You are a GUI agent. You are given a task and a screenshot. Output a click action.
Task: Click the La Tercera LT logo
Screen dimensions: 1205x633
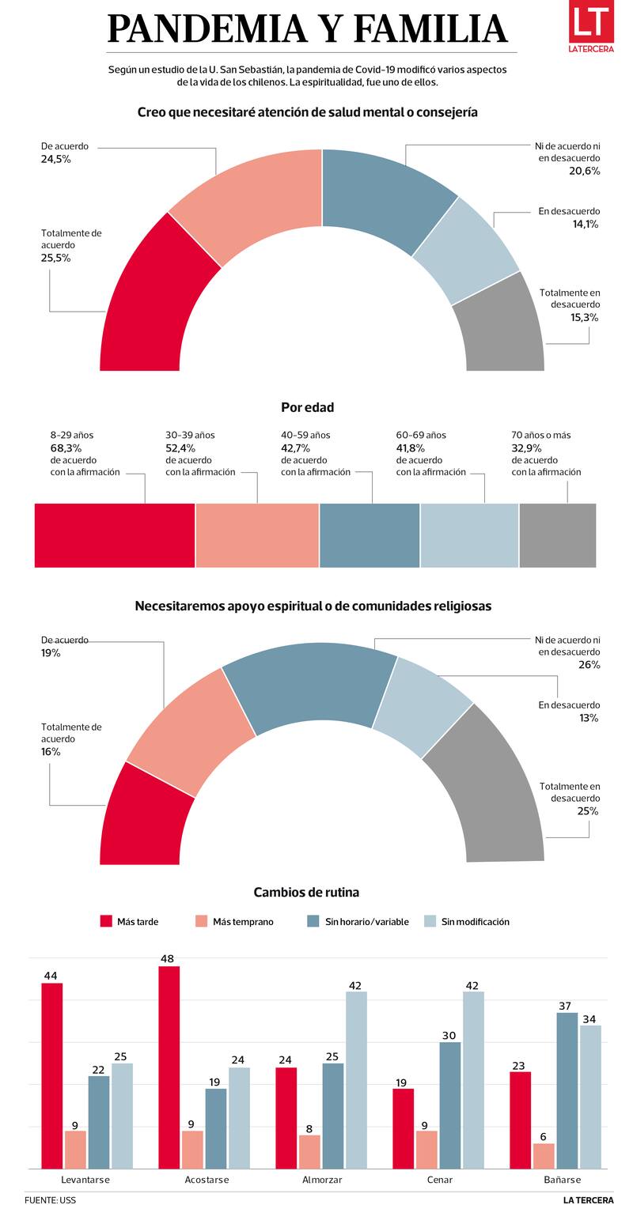pyautogui.click(x=591, y=27)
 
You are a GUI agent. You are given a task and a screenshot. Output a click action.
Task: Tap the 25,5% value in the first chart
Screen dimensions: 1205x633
pyautogui.click(x=55, y=258)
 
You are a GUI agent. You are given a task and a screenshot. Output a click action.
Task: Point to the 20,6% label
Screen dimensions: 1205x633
pyautogui.click(x=584, y=171)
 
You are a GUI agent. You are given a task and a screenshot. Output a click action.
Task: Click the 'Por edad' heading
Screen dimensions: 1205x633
pyautogui.click(x=307, y=407)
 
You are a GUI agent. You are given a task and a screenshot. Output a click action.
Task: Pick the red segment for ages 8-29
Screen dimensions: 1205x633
pyautogui.click(x=115, y=535)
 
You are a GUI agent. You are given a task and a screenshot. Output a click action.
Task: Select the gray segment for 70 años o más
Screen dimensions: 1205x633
pyautogui.click(x=557, y=535)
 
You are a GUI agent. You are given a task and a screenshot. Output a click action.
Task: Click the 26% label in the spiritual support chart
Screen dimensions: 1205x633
pyautogui.click(x=589, y=665)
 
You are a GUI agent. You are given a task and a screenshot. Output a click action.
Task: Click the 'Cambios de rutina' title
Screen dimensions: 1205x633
pyautogui.click(x=306, y=892)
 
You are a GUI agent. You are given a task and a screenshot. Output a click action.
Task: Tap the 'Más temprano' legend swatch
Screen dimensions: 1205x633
pyautogui.click(x=201, y=921)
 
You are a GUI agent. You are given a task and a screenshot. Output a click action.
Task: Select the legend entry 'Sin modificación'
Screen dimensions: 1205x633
pyautogui.click(x=475, y=921)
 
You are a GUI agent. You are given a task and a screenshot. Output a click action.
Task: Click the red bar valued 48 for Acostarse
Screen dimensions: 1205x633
pyautogui.click(x=169, y=1067)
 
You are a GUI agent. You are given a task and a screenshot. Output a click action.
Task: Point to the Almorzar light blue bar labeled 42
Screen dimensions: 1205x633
pyautogui.click(x=356, y=1079)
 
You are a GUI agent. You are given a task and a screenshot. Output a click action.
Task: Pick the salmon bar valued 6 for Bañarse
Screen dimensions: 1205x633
pyautogui.click(x=544, y=1155)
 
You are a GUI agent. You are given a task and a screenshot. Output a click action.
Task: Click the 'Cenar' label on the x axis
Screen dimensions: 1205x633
pyautogui.click(x=439, y=1180)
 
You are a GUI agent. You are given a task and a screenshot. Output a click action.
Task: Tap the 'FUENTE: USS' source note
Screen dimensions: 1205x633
pyautogui.click(x=50, y=1199)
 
